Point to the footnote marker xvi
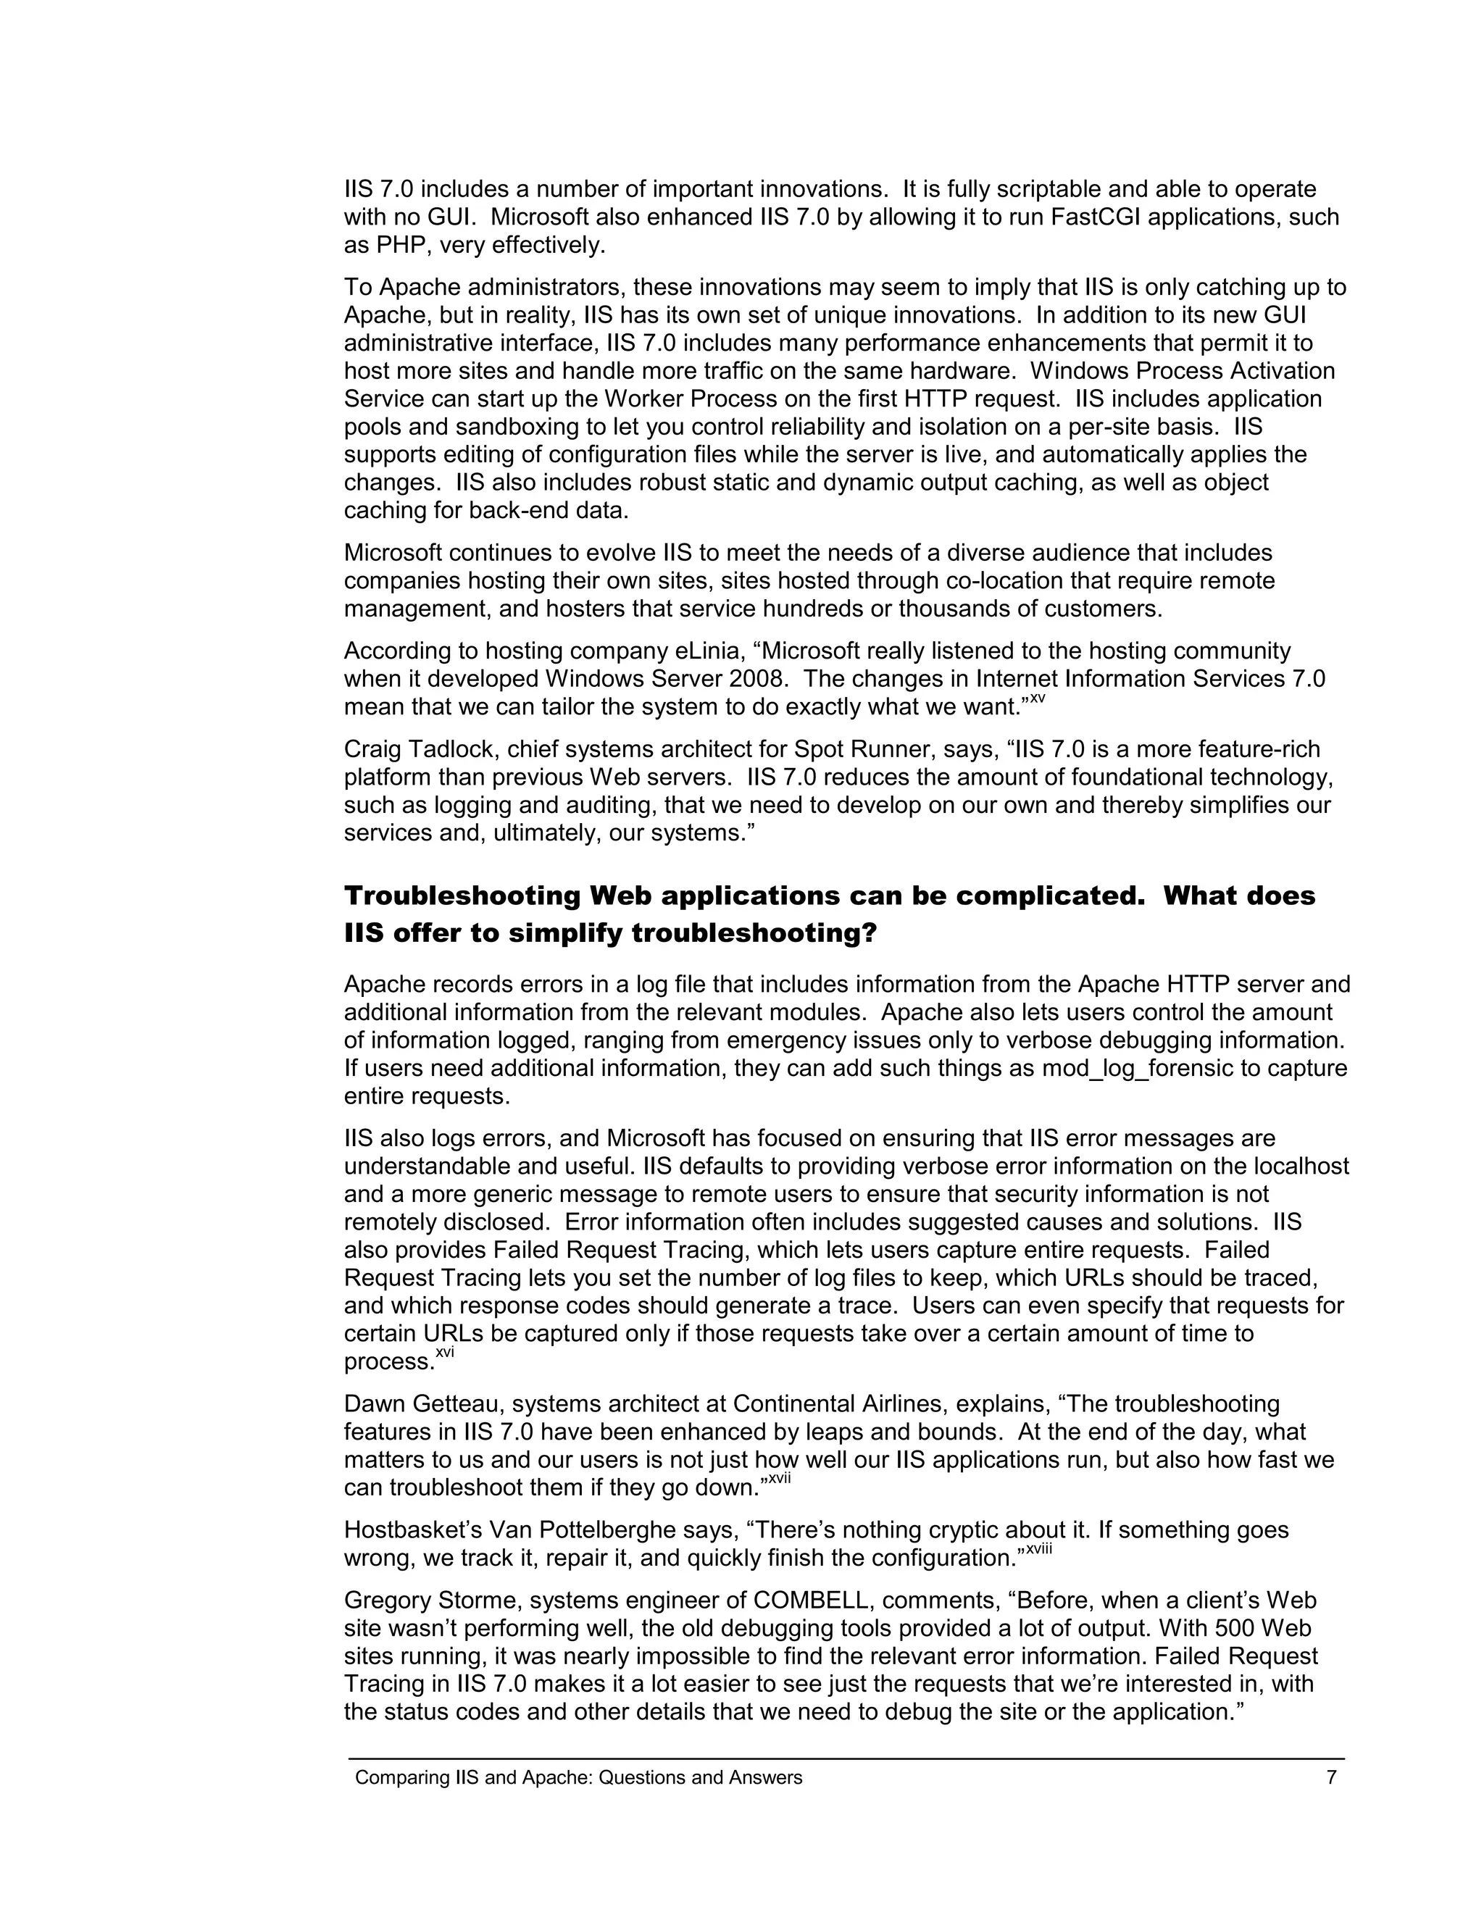(x=445, y=1351)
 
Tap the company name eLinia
(x=712, y=651)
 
